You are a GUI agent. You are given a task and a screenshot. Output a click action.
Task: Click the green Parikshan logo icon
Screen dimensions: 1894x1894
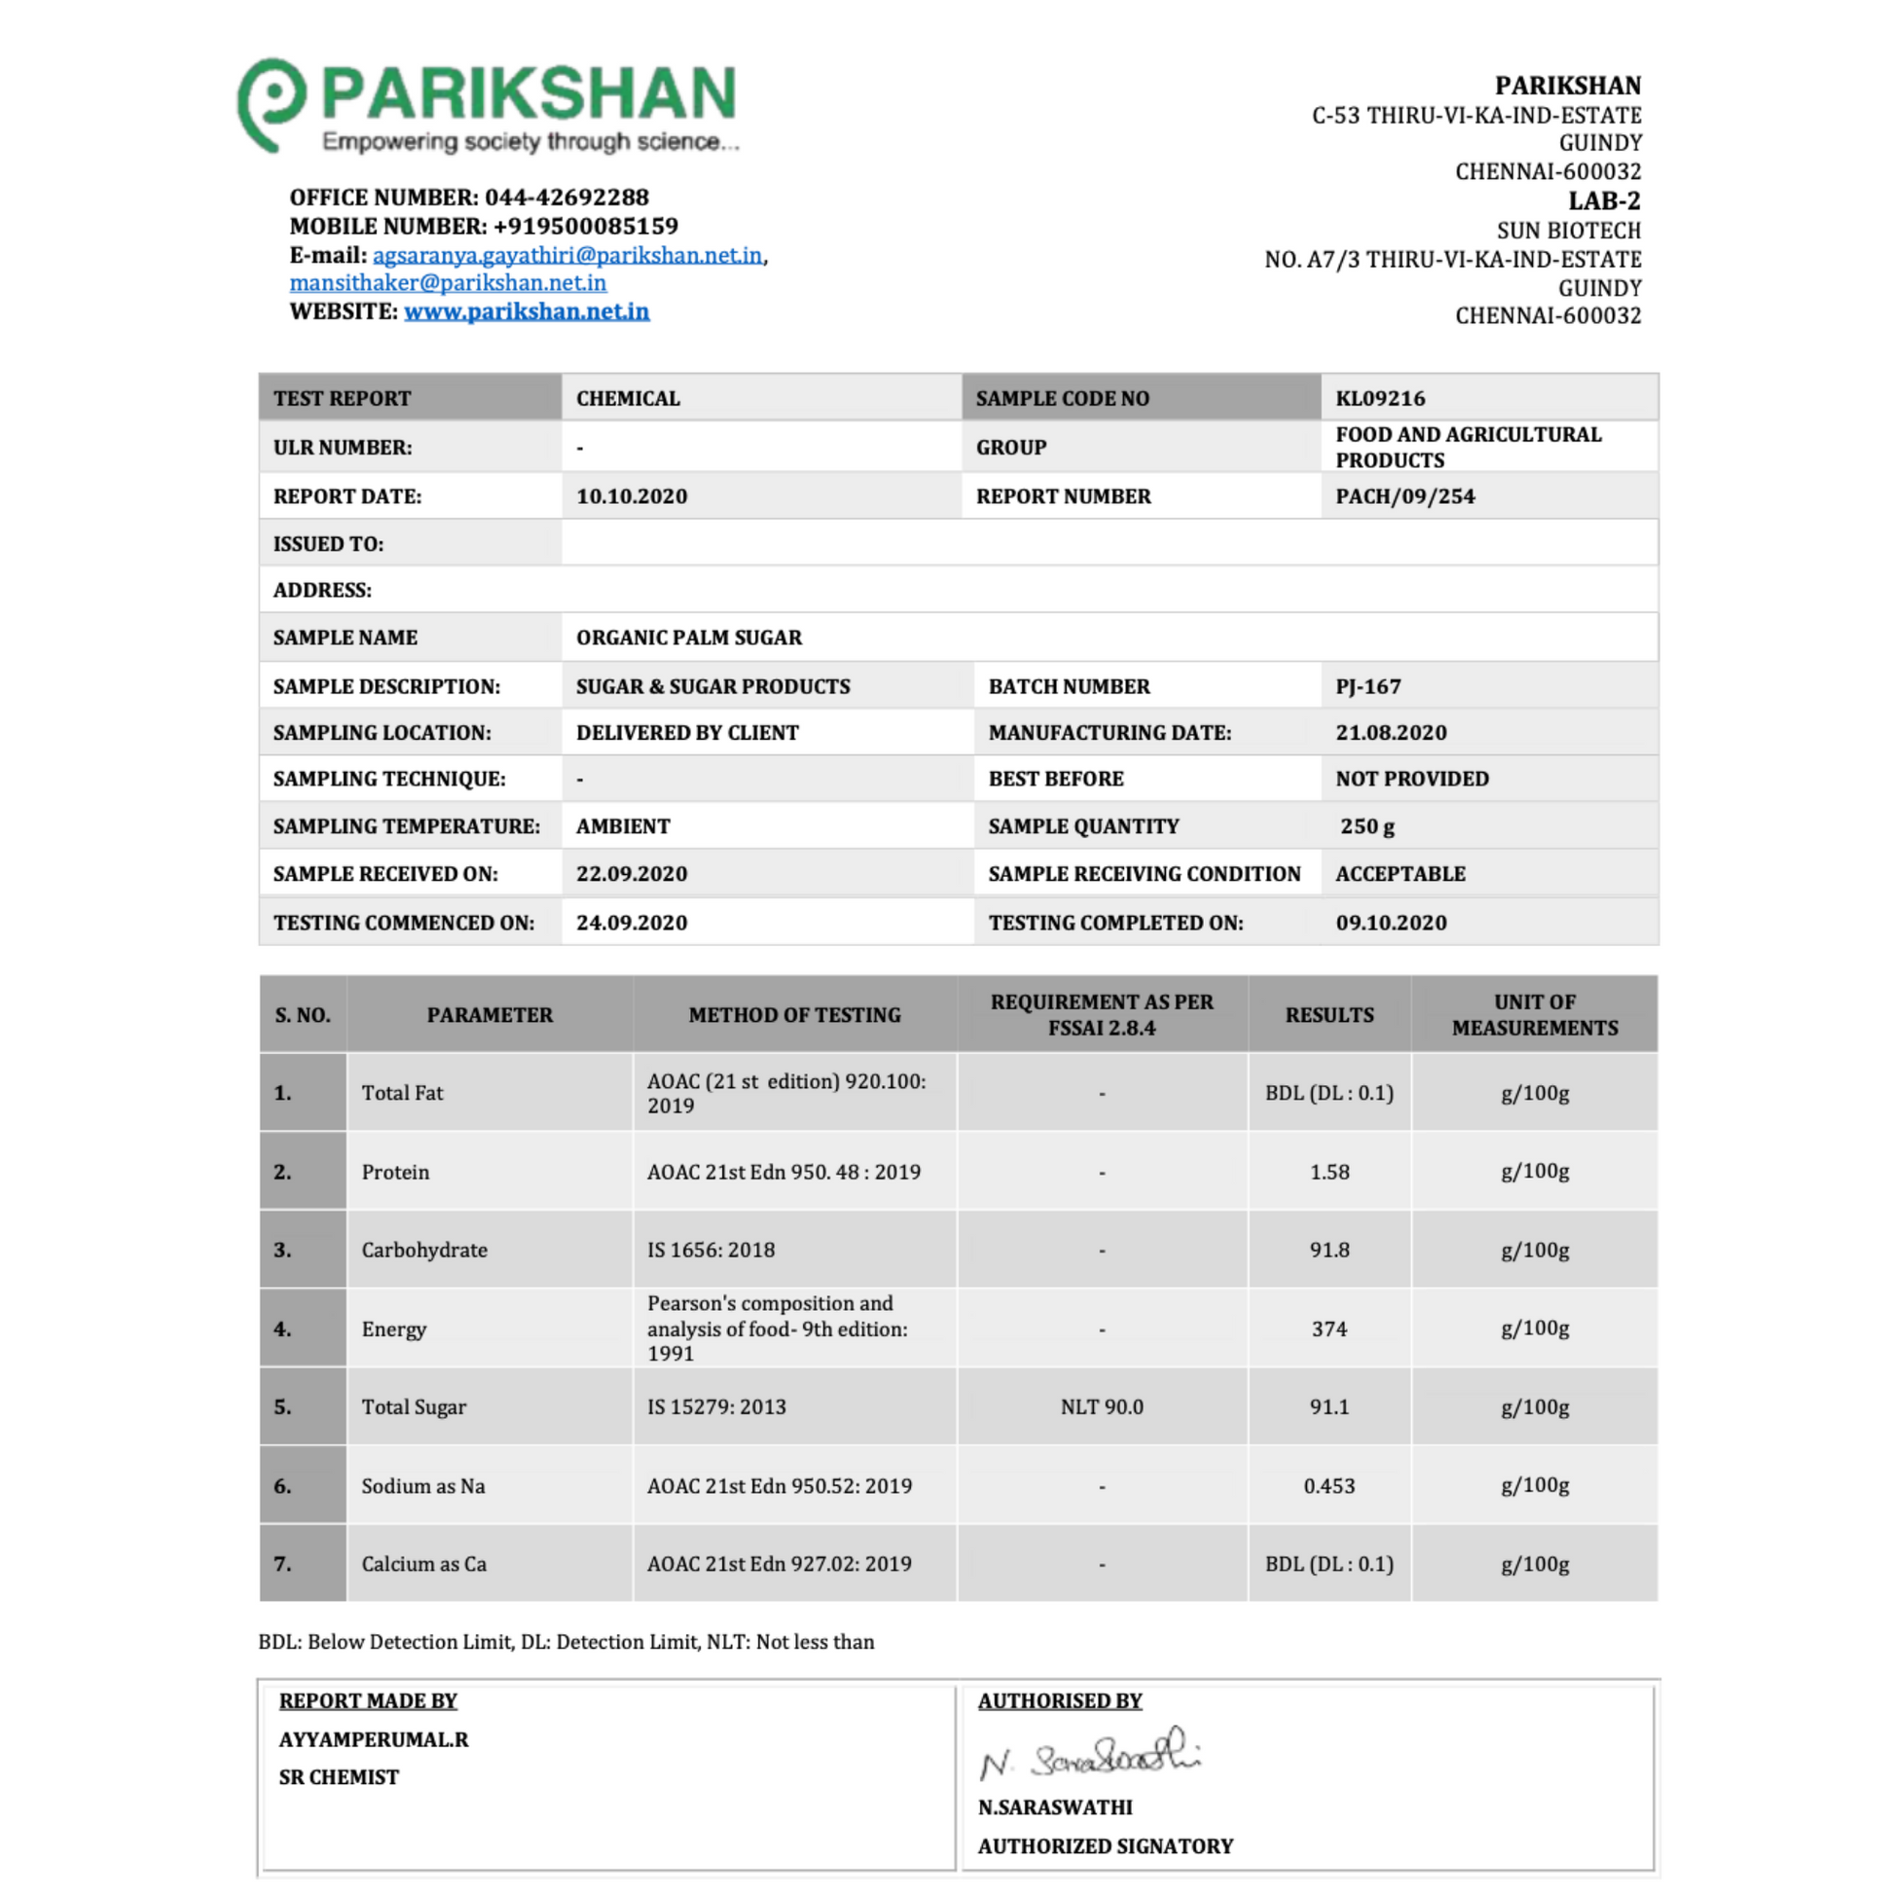pos(271,103)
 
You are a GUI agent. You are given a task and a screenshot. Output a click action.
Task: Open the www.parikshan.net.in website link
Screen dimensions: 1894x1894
pos(527,311)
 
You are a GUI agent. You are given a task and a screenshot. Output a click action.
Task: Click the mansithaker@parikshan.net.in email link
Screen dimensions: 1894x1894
pos(448,283)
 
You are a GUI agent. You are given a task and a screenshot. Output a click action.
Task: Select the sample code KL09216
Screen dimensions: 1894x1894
pos(1380,398)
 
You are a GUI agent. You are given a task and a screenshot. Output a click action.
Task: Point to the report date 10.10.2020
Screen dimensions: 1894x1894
pos(632,496)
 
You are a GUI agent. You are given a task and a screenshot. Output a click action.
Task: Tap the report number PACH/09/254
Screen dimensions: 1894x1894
pos(1404,496)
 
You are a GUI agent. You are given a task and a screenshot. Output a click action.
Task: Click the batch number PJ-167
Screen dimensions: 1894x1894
pos(1367,686)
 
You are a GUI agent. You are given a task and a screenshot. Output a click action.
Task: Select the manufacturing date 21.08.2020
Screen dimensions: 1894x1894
pos(1391,732)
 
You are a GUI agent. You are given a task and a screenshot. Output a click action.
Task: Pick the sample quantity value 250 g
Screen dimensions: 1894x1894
pos(1367,826)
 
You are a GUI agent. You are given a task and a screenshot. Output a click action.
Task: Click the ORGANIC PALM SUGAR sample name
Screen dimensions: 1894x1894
pos(688,637)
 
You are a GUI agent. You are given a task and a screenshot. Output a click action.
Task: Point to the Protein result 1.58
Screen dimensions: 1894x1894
pos(1329,1172)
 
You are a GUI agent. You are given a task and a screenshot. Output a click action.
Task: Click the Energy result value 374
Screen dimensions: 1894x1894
pos(1329,1329)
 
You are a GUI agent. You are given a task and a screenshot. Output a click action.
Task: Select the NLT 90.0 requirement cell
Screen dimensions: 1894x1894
pos(1102,1406)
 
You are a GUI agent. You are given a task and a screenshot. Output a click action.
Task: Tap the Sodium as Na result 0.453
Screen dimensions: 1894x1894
pos(1329,1485)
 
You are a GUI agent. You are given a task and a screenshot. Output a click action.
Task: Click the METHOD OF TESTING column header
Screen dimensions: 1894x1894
pos(794,1014)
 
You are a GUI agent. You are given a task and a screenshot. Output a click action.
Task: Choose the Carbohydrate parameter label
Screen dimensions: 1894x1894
pos(424,1250)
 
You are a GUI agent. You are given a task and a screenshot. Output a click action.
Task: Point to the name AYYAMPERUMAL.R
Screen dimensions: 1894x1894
pos(374,1739)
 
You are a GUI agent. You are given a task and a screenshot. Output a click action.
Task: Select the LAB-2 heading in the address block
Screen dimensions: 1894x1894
pos(1604,200)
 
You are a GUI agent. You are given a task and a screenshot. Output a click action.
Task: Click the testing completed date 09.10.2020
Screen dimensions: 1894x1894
pos(1391,923)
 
